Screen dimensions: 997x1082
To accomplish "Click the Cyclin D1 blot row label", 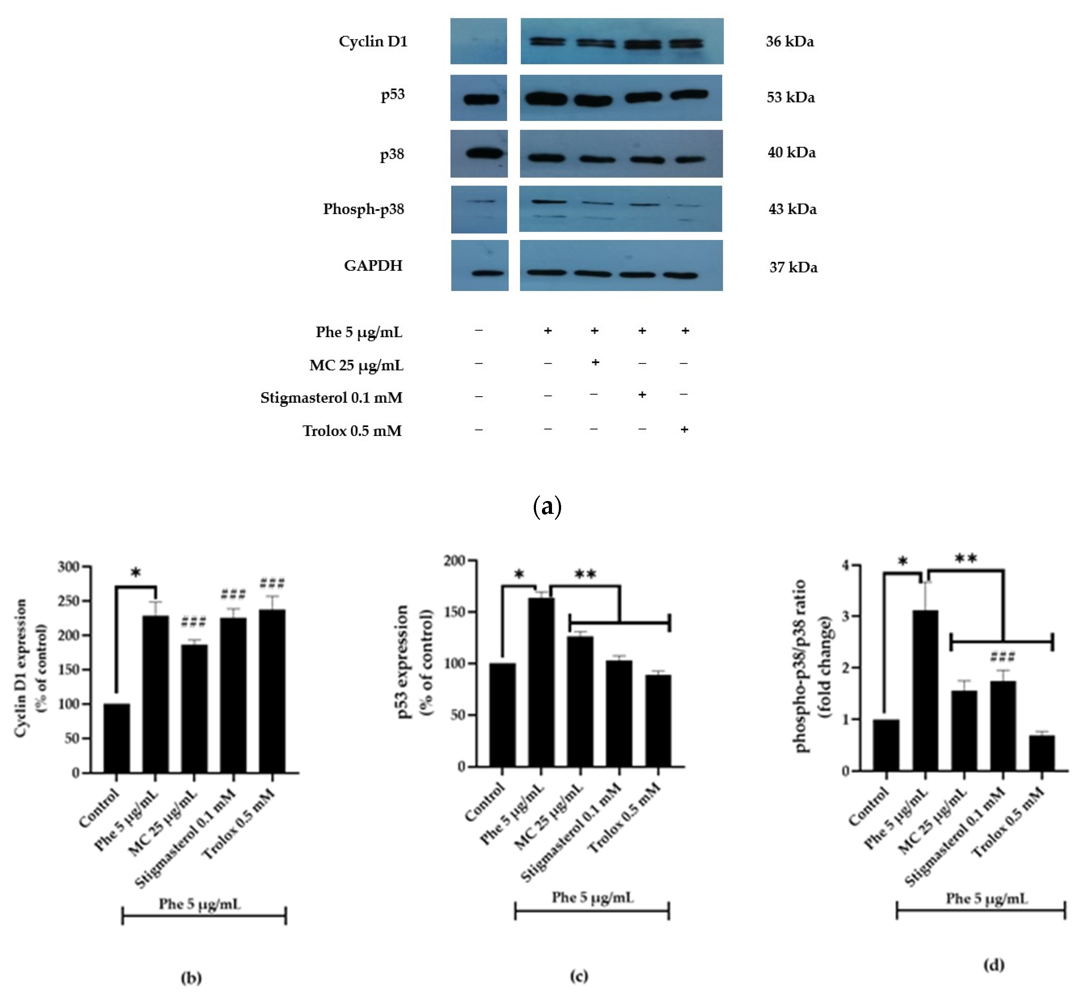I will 373,41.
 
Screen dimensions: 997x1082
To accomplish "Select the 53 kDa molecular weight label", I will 790,98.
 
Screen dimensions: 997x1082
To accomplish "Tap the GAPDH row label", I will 373,265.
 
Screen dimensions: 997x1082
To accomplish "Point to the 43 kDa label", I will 792,209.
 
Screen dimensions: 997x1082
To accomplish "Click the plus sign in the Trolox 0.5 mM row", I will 684,429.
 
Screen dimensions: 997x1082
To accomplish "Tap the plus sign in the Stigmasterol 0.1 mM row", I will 642,395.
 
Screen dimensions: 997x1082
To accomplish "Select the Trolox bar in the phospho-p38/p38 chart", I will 1041,753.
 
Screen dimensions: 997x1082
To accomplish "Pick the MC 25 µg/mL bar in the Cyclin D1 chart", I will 194,708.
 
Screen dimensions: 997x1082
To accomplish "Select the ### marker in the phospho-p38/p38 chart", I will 1003,656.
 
